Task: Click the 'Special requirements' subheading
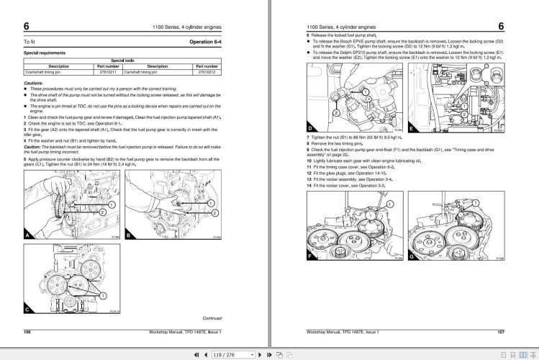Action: (45, 53)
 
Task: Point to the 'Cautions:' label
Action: (34, 83)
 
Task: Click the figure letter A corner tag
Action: (27, 235)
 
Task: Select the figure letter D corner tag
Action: (311, 129)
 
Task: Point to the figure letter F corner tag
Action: (311, 256)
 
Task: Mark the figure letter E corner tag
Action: (412, 129)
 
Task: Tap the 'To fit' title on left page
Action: (30, 42)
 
